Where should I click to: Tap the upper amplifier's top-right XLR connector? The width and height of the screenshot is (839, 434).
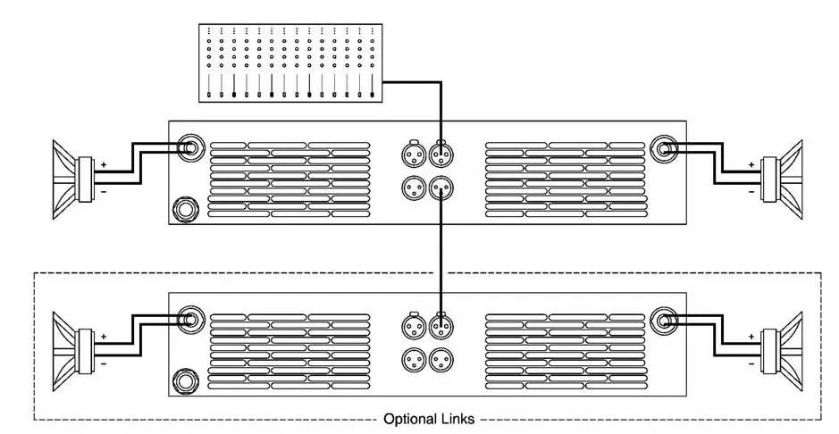pos(440,154)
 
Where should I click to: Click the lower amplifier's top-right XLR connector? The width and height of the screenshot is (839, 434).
pos(440,324)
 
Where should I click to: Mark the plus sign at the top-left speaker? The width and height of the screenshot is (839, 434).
pos(103,164)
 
